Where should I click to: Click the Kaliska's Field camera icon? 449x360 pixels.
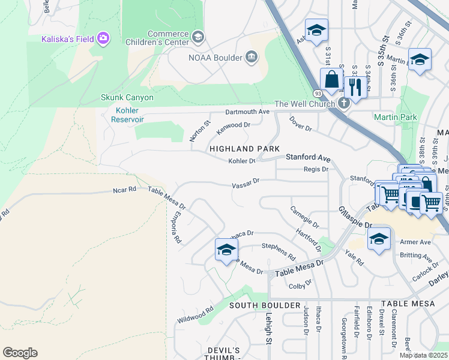pyautogui.click(x=103, y=39)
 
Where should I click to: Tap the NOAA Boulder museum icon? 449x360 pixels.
pyautogui.click(x=252, y=58)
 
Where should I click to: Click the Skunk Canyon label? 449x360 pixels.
pyautogui.click(x=127, y=97)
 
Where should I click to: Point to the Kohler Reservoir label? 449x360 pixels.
pyautogui.click(x=127, y=115)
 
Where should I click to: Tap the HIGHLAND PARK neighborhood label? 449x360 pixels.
pyautogui.click(x=244, y=148)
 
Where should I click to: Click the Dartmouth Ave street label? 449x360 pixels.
pyautogui.click(x=247, y=112)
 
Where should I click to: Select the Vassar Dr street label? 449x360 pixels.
pyautogui.click(x=246, y=182)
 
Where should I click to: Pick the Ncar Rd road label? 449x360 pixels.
pyautogui.click(x=125, y=190)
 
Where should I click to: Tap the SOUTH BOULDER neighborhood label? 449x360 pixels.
pyautogui.click(x=265, y=305)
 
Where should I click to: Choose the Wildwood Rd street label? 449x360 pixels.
pyautogui.click(x=195, y=316)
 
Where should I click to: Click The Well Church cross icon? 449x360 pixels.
pyautogui.click(x=343, y=103)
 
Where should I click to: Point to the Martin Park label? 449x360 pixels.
pyautogui.click(x=395, y=117)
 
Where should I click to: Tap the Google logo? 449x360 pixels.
pyautogui.click(x=20, y=353)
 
